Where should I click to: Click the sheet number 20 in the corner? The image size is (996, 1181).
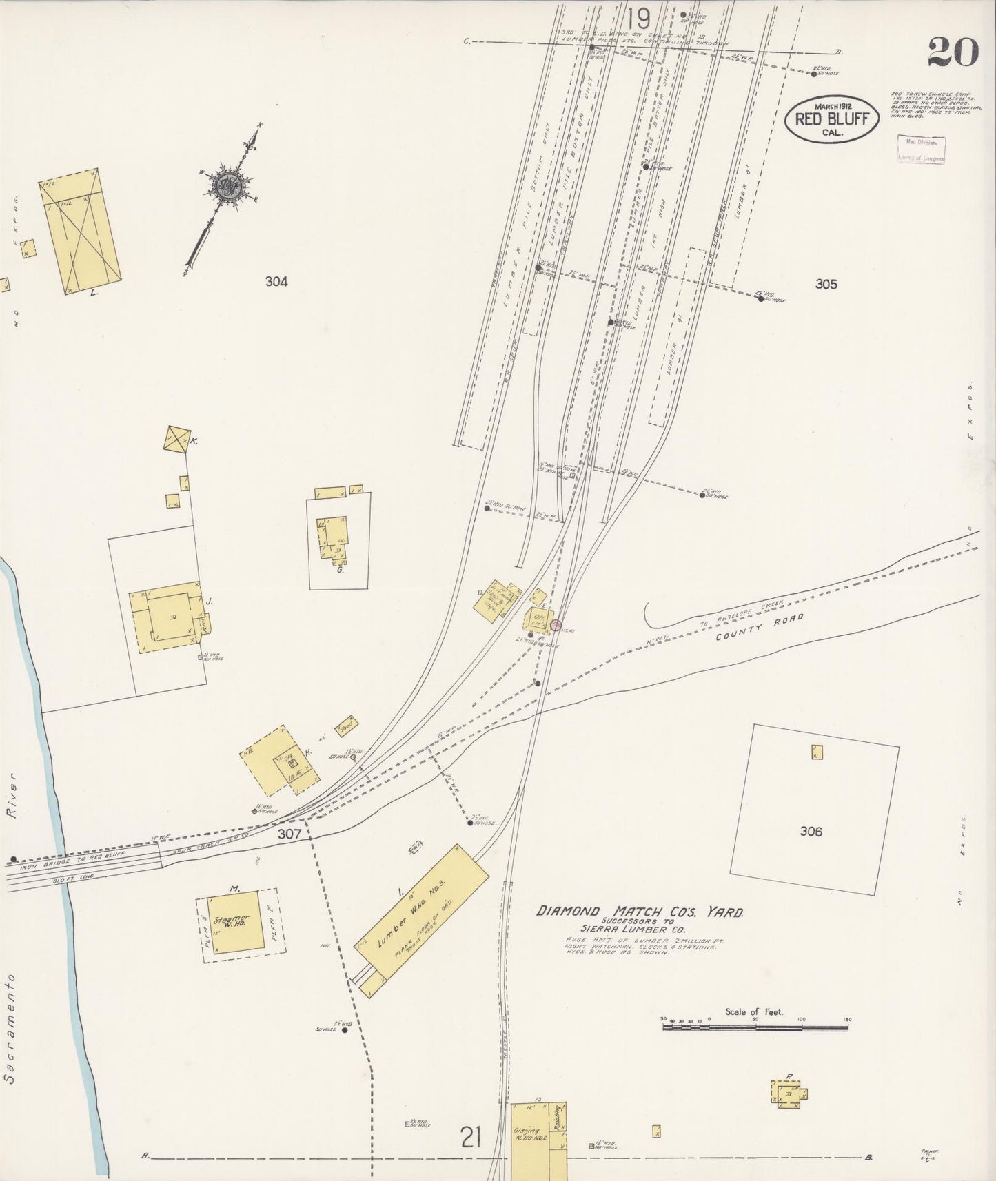pos(953,52)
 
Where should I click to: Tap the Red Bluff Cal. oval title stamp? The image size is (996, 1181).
pos(832,119)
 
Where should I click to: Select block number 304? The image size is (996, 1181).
pos(276,281)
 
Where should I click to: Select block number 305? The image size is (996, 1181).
pos(825,284)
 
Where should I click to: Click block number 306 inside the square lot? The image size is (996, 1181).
pos(811,832)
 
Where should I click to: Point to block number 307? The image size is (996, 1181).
pos(290,834)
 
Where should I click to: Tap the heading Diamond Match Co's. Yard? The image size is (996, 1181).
pos(640,912)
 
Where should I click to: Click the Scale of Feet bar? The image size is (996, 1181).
pos(756,1027)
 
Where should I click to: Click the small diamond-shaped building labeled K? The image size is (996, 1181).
pos(177,439)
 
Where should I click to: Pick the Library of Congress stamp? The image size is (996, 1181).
pos(921,149)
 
